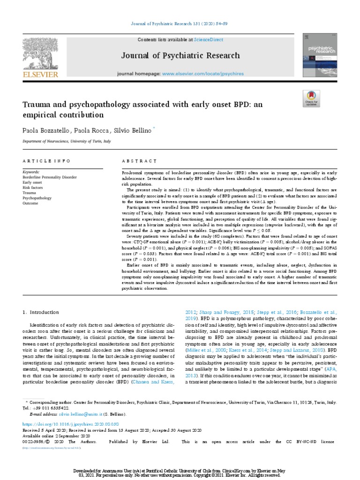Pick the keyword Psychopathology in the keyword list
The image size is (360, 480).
click(x=37, y=198)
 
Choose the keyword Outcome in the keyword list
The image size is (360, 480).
click(x=31, y=203)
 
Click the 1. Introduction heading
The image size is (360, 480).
click(x=41, y=312)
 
